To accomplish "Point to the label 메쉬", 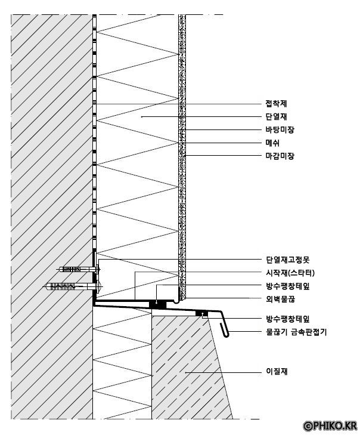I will [272, 143].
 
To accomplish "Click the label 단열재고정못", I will [287, 260].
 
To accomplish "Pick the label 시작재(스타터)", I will [290, 273].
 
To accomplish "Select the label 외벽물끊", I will [279, 298].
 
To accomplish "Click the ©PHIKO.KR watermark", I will [330, 425].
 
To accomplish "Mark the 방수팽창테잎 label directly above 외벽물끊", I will [287, 286].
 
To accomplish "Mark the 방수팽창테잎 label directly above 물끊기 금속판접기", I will [287, 319].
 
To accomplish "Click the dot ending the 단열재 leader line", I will [141, 117].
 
